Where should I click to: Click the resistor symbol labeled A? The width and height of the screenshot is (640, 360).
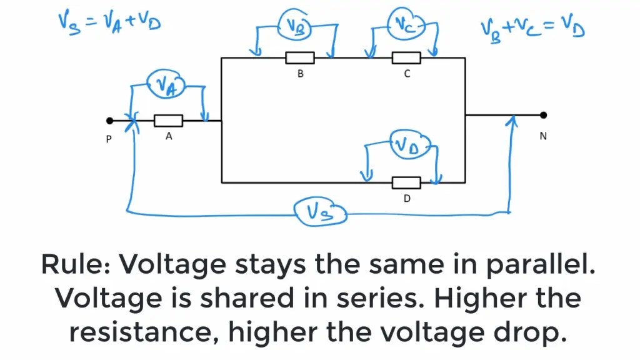(x=168, y=121)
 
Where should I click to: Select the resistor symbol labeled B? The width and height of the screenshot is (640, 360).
(x=300, y=58)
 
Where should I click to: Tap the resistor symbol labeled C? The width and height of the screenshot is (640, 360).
(x=406, y=58)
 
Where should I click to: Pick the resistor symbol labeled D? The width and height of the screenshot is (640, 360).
(x=406, y=182)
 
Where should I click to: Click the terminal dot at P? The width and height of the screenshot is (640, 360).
(x=110, y=121)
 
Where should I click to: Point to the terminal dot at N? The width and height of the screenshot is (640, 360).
(x=543, y=115)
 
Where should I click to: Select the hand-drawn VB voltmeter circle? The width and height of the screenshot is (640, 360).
(x=296, y=24)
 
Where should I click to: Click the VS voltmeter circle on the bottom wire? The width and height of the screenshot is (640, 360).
(x=320, y=212)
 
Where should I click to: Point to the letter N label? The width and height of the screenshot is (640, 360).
(x=543, y=136)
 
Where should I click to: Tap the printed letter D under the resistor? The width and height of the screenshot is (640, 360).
(x=407, y=199)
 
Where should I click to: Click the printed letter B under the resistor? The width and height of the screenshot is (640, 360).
(x=301, y=74)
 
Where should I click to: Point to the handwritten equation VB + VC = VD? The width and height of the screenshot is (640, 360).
(x=532, y=27)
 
